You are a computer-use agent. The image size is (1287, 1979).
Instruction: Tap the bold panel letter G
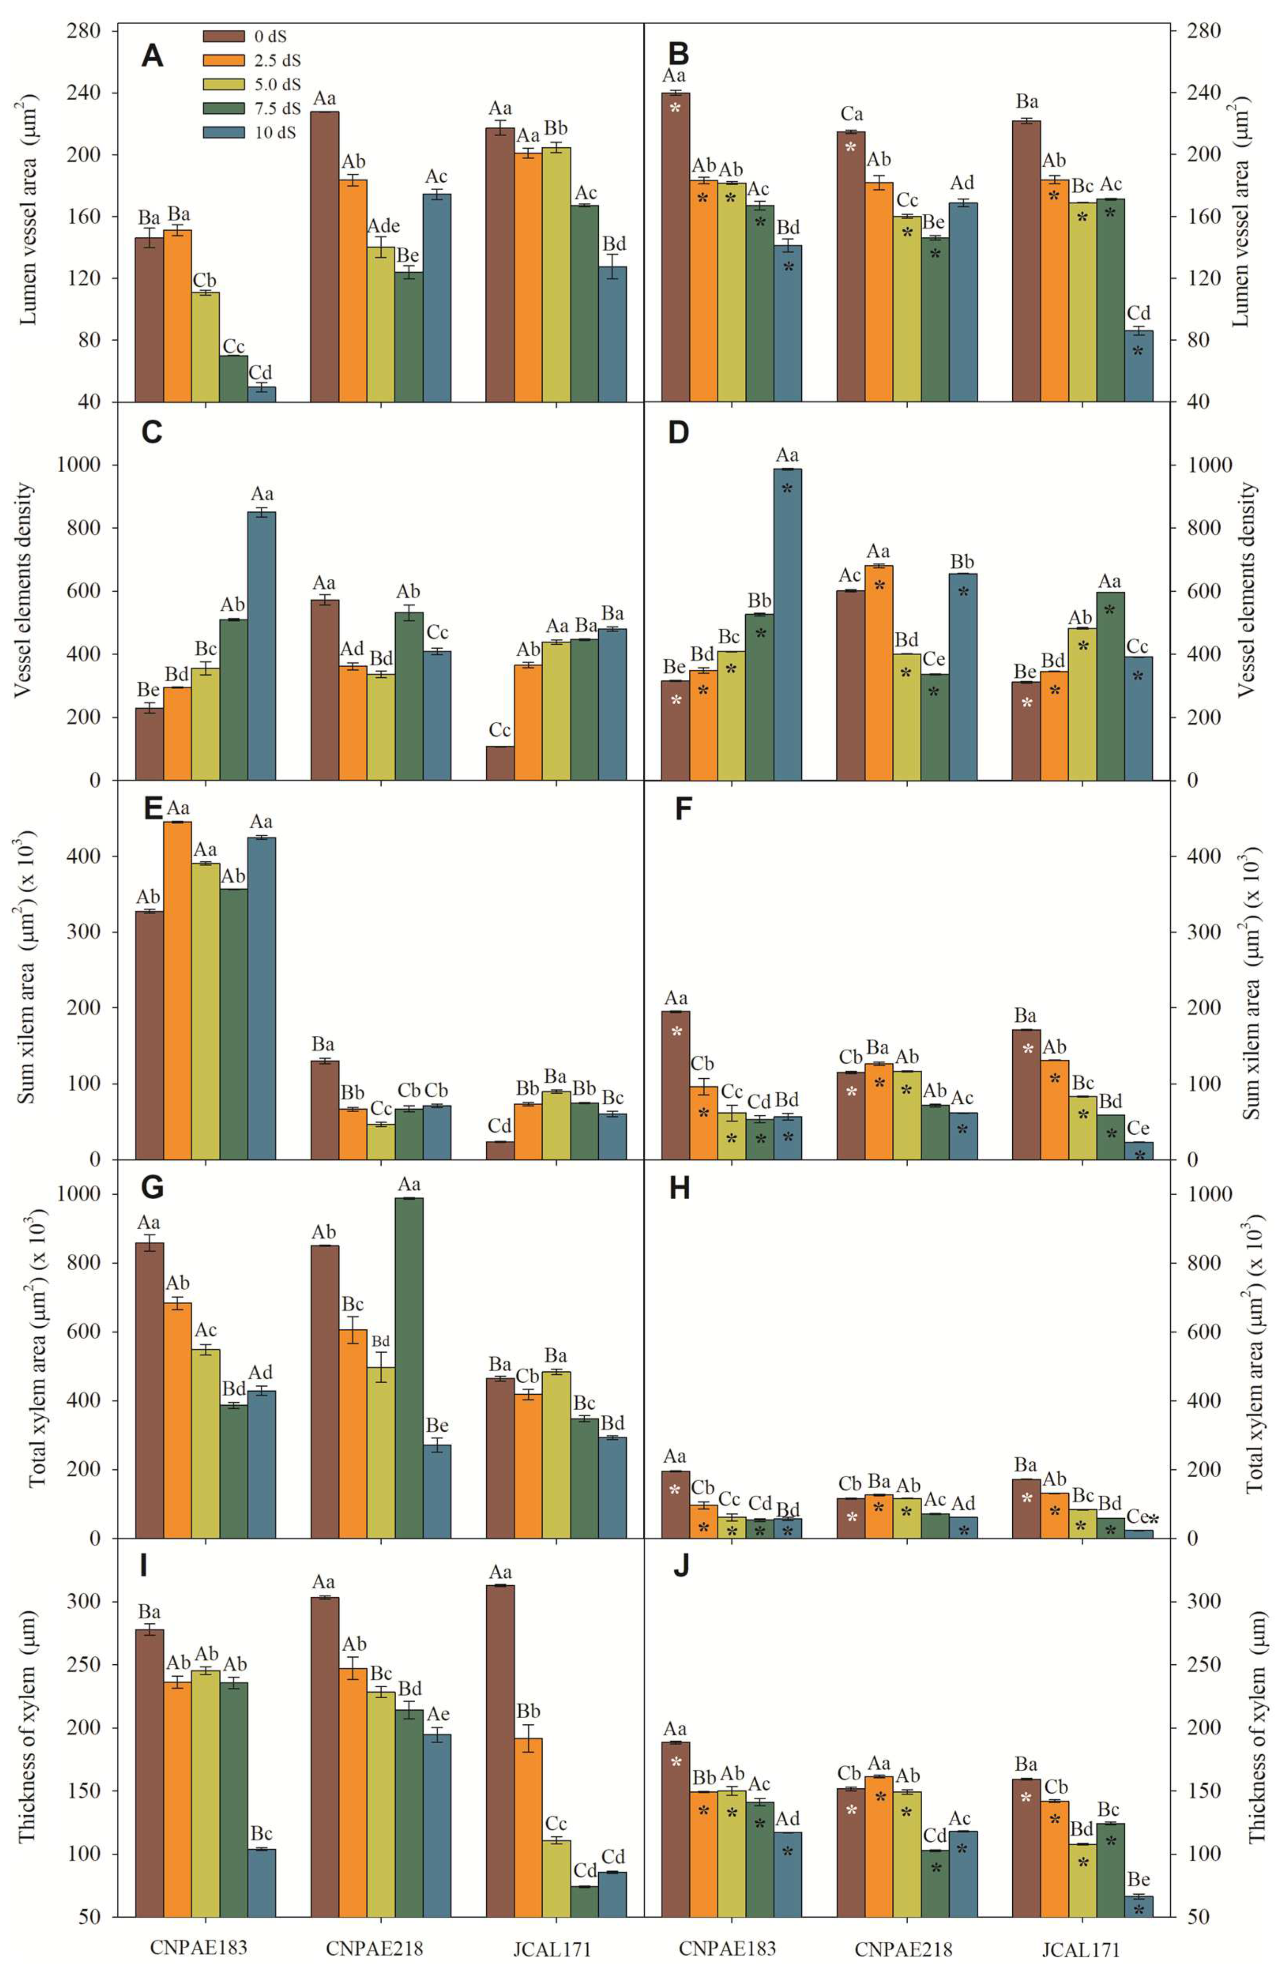point(152,1188)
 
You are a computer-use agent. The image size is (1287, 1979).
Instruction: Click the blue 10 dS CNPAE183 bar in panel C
point(262,645)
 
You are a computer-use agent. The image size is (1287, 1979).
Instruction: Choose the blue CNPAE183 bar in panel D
point(787,623)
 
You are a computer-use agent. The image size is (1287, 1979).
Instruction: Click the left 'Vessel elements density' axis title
point(25,590)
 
